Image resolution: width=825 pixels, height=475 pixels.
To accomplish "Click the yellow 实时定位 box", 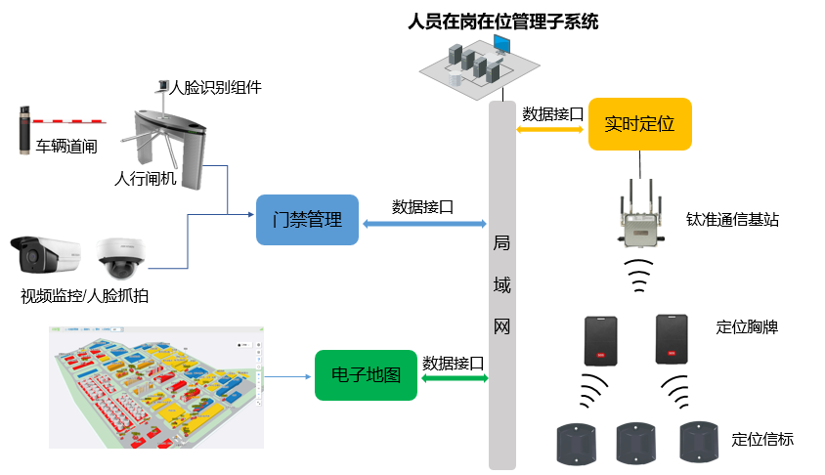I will point(640,124).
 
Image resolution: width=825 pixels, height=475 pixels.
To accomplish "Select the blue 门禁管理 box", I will point(307,220).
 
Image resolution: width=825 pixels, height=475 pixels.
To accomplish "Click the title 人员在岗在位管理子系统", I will point(502,20).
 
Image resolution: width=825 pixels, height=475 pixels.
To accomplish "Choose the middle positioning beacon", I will point(637,443).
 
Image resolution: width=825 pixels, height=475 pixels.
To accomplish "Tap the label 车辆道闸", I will point(67,148).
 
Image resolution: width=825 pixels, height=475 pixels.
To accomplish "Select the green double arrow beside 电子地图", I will point(454,377).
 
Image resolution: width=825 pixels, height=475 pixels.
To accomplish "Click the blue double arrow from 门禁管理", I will point(424,223).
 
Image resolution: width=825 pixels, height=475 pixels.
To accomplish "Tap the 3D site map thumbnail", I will point(156,386).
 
